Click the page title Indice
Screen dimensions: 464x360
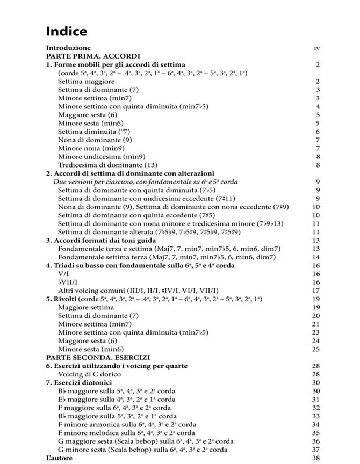66,31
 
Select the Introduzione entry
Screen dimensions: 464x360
68,48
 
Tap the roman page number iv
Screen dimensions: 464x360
317,48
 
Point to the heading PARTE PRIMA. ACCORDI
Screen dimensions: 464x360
93,56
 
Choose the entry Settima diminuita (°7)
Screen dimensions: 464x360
94,132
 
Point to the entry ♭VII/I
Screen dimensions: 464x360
68,282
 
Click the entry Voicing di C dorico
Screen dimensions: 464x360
90,374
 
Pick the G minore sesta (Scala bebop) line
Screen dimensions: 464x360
142,450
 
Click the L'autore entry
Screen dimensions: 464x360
59,458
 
